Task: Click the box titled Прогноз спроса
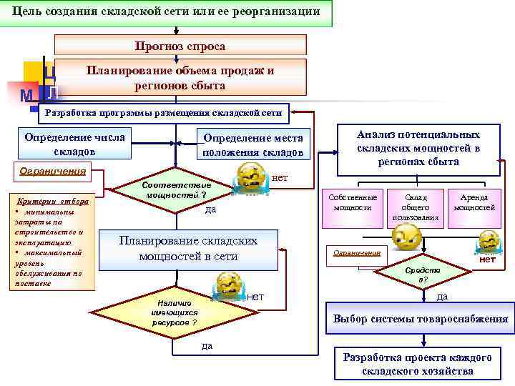click(x=180, y=46)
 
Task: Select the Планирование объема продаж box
click(x=180, y=78)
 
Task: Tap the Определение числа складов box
click(x=74, y=144)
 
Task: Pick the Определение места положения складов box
click(x=252, y=145)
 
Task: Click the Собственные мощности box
click(x=352, y=202)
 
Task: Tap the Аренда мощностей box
click(x=474, y=202)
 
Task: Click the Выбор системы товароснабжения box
click(x=421, y=319)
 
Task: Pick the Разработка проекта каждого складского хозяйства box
click(x=417, y=364)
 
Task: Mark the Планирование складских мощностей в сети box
click(x=188, y=248)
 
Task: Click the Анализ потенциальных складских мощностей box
click(x=418, y=148)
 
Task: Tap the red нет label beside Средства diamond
click(x=487, y=259)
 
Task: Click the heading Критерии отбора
click(x=53, y=202)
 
